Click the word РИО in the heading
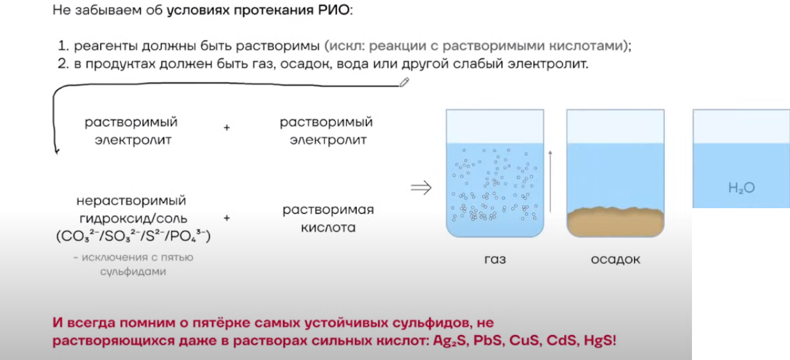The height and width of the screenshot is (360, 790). click(x=334, y=10)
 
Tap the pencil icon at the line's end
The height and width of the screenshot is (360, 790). click(x=404, y=82)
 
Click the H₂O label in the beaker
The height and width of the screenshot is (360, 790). click(x=741, y=188)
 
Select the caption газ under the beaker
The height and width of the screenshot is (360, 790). click(x=495, y=259)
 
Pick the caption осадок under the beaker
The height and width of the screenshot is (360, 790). click(x=616, y=259)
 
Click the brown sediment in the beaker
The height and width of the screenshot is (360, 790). click(x=616, y=222)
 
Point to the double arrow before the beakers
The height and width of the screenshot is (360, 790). click(x=421, y=187)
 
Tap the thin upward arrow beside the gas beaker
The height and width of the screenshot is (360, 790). click(x=550, y=181)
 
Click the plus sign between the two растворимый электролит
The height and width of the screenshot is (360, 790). click(x=227, y=127)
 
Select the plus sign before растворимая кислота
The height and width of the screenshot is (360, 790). click(x=227, y=218)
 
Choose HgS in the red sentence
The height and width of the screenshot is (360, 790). click(x=600, y=340)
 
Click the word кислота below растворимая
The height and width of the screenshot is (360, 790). click(x=328, y=227)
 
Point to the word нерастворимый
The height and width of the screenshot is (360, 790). click(x=131, y=200)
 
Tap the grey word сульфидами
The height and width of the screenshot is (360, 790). click(x=133, y=272)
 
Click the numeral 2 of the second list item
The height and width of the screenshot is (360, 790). click(x=63, y=64)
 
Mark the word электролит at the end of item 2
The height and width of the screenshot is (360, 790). click(x=548, y=64)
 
